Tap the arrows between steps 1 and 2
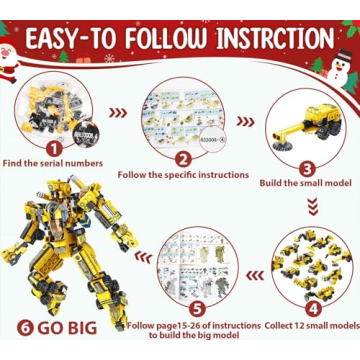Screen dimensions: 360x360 point(119,112)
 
